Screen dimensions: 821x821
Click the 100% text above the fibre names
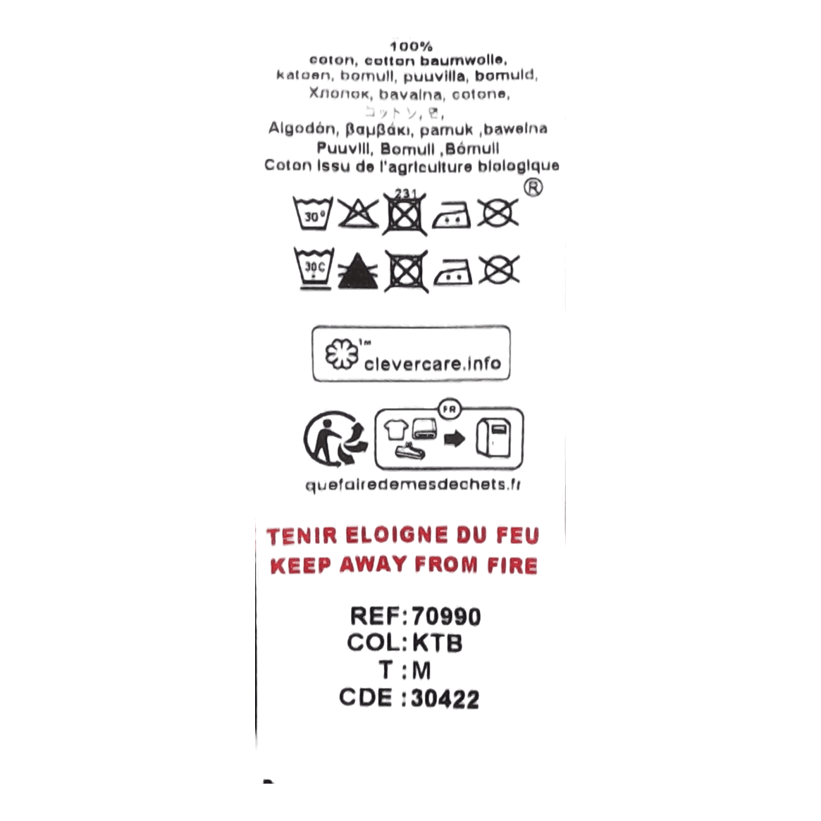click(x=411, y=47)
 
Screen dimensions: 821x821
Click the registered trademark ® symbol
click(x=535, y=189)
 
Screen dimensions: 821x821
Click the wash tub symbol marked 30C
click(x=312, y=268)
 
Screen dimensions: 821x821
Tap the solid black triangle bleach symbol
click(x=357, y=271)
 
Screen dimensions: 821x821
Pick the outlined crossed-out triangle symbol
click(x=358, y=212)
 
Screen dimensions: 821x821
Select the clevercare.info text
click(x=433, y=364)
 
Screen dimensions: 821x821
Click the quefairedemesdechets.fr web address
click(x=411, y=485)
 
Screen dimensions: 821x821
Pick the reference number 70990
click(x=445, y=617)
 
